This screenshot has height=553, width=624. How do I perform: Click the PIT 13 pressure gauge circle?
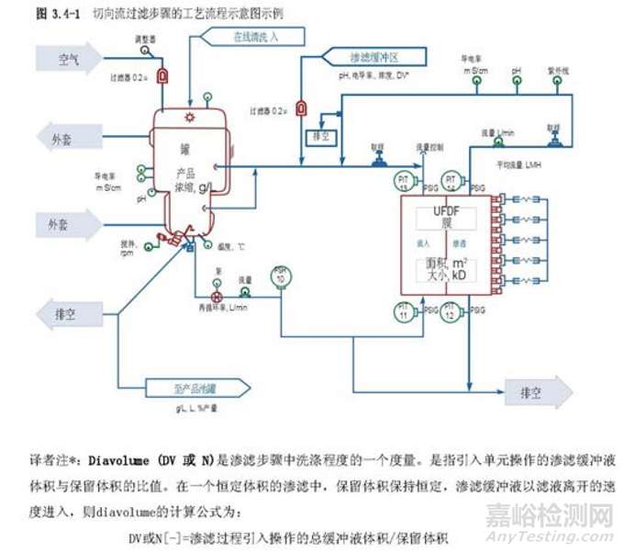404,178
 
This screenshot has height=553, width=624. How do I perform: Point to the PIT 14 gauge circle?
451,178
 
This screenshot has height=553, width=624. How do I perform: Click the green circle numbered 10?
282,275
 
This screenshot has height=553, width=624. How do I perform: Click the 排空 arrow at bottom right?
535,392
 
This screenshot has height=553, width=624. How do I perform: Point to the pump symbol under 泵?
217,298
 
